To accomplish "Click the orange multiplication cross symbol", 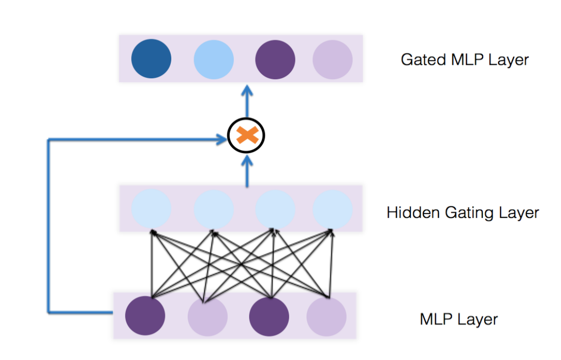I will [x=247, y=135].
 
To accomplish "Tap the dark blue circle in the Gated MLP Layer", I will [x=151, y=59].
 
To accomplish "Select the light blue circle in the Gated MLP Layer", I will [x=213, y=59].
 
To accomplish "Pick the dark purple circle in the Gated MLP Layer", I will [x=275, y=59].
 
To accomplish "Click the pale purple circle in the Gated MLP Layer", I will [x=332, y=59].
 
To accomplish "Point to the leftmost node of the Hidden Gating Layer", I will [x=151, y=208].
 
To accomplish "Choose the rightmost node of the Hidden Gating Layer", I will [x=332, y=208].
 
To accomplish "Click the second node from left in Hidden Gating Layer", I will [x=213, y=208].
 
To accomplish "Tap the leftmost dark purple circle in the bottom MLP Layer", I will [x=145, y=315].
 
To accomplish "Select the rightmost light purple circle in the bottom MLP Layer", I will [x=326, y=315].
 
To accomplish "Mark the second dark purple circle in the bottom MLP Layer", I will [x=269, y=315].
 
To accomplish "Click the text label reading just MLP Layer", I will [x=459, y=319].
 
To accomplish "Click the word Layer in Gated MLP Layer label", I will [x=509, y=60].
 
